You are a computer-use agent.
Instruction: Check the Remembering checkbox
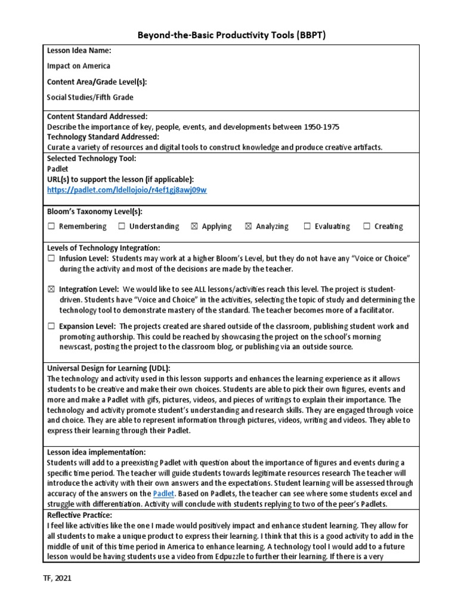51,226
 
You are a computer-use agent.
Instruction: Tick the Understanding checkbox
122,226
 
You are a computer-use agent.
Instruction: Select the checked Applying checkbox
194,226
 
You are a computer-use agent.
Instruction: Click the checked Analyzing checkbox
249,226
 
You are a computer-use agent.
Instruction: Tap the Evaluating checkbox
307,226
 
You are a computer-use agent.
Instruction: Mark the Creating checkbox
367,226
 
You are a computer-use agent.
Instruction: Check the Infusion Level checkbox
51,258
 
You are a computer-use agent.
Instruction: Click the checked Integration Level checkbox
51,289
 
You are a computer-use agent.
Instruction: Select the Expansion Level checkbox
51,326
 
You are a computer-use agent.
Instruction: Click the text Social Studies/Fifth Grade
90,97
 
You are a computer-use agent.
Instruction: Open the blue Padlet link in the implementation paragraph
163,493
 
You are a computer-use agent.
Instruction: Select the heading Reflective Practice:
79,515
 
